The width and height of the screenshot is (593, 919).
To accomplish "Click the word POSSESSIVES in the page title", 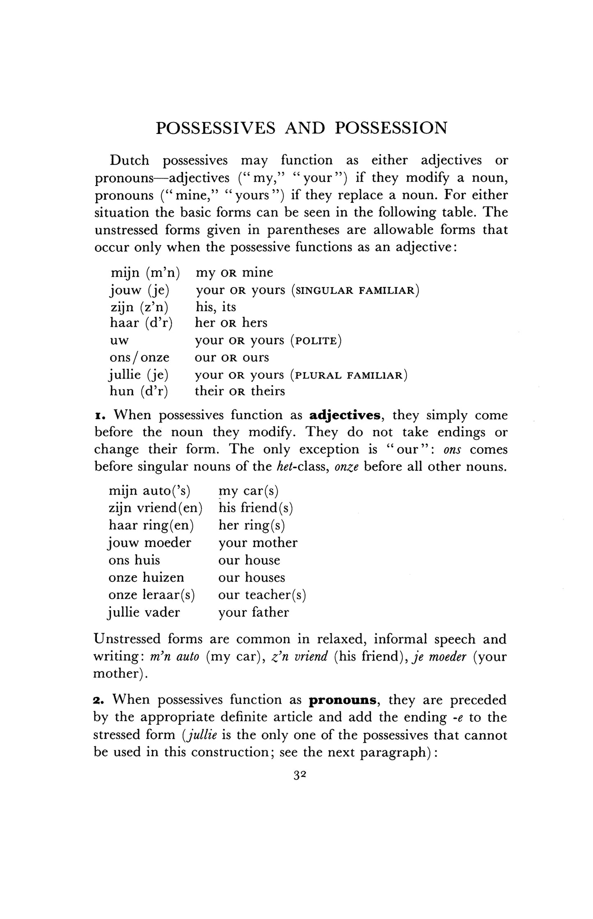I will click(x=216, y=129).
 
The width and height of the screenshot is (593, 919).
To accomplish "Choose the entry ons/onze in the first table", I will click(x=140, y=358).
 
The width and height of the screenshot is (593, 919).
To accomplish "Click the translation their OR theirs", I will click(x=240, y=391).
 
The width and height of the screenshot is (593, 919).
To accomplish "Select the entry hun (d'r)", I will click(x=139, y=391).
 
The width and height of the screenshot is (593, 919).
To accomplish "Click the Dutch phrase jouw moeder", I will click(x=150, y=543).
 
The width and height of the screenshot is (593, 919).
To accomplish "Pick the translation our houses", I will click(x=252, y=577).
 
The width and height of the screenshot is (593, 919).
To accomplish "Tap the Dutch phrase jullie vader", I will click(x=144, y=612).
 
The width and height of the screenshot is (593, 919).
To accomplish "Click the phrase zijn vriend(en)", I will click(x=155, y=508).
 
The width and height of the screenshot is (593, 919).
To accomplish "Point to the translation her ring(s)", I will click(x=252, y=526).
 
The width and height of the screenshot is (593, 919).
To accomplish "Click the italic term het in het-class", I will click(x=281, y=467).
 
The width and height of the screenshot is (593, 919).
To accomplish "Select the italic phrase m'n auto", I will click(x=175, y=657).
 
